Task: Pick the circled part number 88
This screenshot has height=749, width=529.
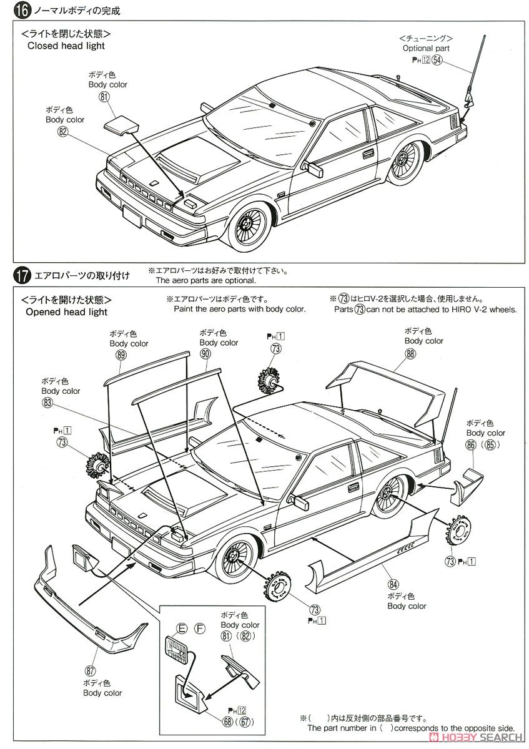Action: pos(410,353)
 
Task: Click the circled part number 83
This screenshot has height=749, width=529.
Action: pos(47,403)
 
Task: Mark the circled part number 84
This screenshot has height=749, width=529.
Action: pos(393,584)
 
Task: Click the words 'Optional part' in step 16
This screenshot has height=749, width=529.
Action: pos(426,48)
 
